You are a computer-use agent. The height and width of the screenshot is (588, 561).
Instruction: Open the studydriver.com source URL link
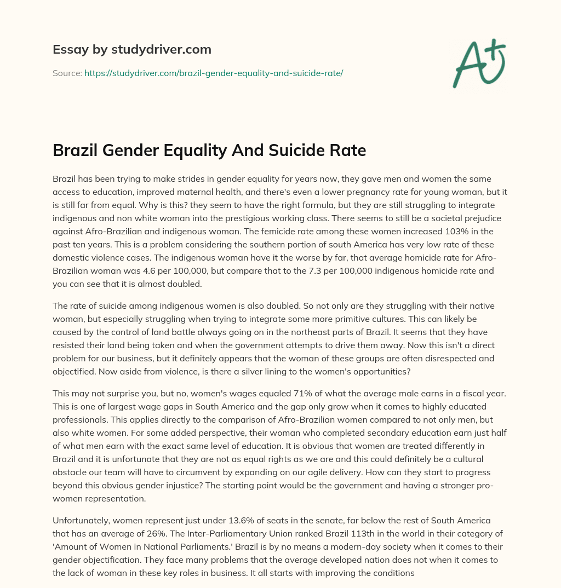214,73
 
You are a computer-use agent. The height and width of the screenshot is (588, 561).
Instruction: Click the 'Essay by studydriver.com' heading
132,49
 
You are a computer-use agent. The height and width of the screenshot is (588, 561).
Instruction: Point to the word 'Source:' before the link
67,73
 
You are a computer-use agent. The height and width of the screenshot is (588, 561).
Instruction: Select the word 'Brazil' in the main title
77,150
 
